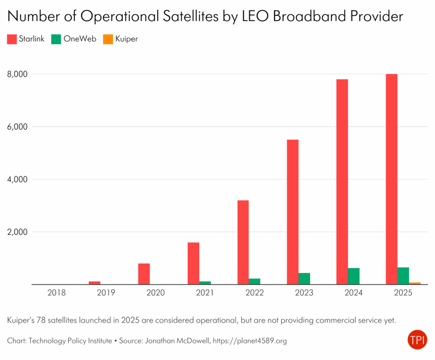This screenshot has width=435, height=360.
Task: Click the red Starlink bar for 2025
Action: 391,179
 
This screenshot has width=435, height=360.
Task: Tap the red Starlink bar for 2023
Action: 293,212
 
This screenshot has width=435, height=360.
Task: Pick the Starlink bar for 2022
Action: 243,242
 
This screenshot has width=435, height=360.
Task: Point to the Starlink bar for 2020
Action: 144,274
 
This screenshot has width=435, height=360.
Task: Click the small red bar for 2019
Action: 95,283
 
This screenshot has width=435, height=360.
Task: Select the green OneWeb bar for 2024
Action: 354,276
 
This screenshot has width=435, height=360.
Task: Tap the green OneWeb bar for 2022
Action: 254,281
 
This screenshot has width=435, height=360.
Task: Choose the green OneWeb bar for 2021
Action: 205,283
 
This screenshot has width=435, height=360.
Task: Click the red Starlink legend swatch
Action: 12,39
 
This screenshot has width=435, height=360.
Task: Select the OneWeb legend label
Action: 80,39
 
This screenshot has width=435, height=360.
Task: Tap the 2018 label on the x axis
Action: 57,293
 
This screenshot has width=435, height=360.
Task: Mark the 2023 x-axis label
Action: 304,293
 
